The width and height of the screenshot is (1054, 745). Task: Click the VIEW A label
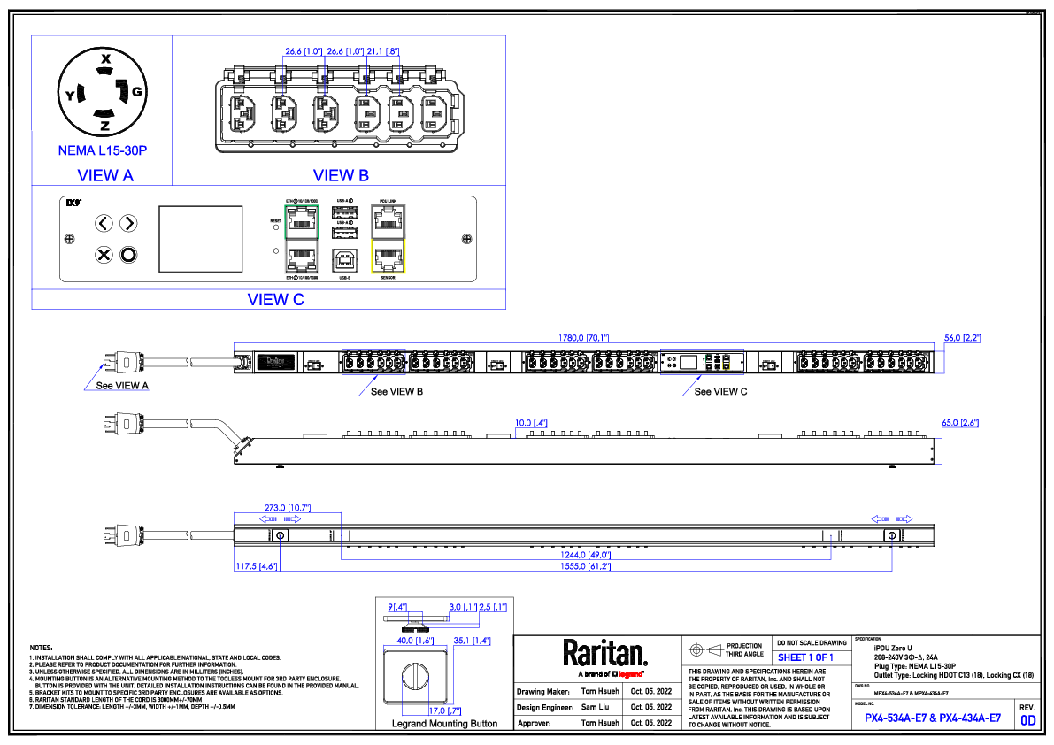point(105,176)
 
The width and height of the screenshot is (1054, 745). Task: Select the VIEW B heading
point(341,176)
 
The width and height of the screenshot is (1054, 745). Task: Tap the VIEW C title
point(276,300)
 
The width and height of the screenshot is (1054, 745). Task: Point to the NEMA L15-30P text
point(102,151)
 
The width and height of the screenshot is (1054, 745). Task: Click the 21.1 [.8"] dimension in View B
point(383,52)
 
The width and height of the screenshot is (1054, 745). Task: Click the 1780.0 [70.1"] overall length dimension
point(583,338)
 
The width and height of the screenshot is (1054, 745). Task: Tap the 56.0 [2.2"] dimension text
point(963,338)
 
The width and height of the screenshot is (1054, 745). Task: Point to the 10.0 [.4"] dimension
point(531,423)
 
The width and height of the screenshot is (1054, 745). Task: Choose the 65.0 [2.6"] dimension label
point(960,423)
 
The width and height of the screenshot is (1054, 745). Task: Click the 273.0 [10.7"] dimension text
point(288,508)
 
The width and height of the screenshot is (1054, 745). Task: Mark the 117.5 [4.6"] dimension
point(257,566)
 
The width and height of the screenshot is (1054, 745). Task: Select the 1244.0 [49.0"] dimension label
point(585,556)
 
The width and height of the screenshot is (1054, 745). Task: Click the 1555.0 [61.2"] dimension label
point(585,566)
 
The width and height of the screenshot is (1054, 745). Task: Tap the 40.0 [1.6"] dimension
point(414,641)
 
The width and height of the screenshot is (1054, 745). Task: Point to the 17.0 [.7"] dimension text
point(444,711)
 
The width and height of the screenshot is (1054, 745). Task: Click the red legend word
point(630,674)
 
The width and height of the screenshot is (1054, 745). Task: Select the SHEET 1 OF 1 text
point(805,658)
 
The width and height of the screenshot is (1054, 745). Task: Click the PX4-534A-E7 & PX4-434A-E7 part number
point(933,718)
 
